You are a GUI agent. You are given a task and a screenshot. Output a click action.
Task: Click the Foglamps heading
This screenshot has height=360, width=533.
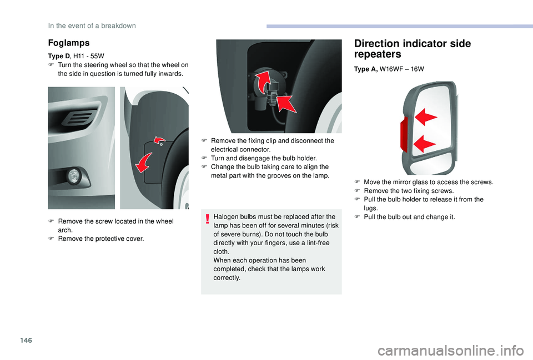click(69, 43)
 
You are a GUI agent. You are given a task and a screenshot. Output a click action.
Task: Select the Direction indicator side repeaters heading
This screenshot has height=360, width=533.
click(413, 49)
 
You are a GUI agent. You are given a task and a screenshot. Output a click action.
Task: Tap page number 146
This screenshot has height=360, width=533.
click(26, 340)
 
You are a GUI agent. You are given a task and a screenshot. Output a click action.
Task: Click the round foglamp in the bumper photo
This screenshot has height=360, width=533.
click(74, 176)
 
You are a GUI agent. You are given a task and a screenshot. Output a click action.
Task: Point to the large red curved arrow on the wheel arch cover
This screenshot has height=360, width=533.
click(144, 163)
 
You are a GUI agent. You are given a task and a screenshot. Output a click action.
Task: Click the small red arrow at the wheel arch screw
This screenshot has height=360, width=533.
click(159, 140)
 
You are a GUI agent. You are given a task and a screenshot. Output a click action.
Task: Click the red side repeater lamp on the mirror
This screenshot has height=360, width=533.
click(405, 134)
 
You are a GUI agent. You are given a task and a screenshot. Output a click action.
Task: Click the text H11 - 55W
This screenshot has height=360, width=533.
click(89, 56)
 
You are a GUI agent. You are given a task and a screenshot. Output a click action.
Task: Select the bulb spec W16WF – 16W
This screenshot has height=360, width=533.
click(402, 69)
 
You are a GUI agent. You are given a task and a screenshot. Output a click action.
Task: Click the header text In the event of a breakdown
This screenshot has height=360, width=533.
click(92, 26)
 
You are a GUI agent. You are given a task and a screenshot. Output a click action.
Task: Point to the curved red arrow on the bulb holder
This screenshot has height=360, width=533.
click(264, 82)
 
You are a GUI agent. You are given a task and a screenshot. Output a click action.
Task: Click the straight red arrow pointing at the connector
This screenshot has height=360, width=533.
click(286, 104)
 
